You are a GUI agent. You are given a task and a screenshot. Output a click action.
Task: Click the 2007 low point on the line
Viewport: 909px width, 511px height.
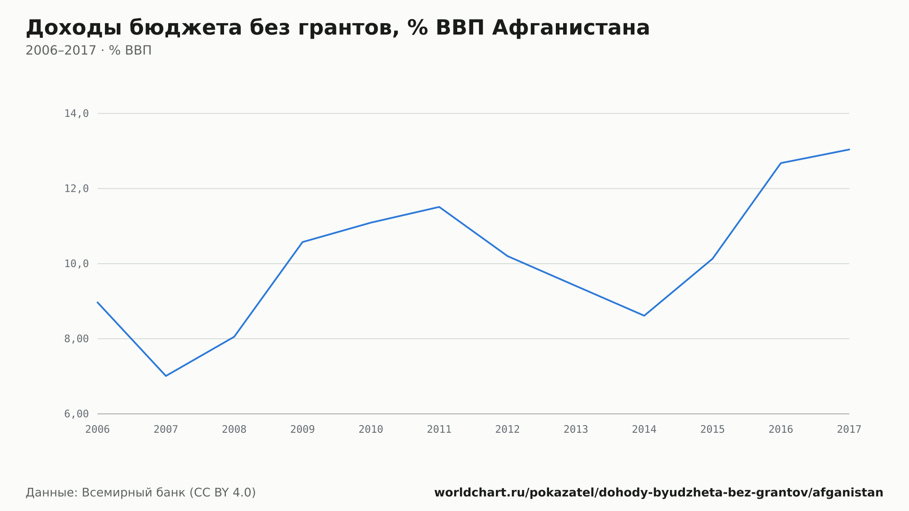(x=166, y=376)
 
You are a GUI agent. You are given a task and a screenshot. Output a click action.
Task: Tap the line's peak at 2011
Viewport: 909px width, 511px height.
(x=439, y=207)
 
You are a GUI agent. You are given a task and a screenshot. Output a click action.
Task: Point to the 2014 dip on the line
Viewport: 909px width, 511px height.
(x=644, y=316)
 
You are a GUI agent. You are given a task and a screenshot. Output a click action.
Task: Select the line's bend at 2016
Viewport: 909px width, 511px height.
(x=781, y=163)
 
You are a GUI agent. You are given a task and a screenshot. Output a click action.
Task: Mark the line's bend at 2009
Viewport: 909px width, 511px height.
(x=303, y=242)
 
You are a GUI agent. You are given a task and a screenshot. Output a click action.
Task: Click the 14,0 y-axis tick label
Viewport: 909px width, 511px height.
(x=76, y=114)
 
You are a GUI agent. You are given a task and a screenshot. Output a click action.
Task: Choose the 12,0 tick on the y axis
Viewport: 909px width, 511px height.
(x=76, y=189)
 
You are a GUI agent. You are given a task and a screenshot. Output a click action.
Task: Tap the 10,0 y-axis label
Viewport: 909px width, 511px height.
(x=76, y=264)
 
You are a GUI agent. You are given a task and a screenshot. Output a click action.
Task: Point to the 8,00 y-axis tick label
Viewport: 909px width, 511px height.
(x=76, y=339)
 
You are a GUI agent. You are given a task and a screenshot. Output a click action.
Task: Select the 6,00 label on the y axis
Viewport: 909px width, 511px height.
(x=76, y=414)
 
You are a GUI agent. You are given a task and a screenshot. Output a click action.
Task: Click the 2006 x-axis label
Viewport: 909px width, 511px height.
(x=98, y=429)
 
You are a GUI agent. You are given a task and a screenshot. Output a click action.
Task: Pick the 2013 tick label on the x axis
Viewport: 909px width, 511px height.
(x=576, y=429)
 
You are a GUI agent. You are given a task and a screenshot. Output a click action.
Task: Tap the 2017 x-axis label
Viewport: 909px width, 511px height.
(x=849, y=429)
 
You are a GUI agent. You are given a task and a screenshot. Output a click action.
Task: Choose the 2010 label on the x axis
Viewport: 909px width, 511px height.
(x=371, y=429)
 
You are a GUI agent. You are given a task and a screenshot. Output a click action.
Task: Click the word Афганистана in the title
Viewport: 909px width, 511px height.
(x=571, y=28)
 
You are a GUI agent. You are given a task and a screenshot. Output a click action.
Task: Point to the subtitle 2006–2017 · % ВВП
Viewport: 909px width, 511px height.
(x=89, y=50)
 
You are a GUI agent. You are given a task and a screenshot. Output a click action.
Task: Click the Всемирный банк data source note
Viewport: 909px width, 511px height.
(x=141, y=493)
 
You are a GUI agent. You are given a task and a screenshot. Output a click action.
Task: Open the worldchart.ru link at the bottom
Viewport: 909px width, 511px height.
(x=659, y=493)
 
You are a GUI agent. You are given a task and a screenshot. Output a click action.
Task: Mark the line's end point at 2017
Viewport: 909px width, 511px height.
(x=849, y=150)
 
